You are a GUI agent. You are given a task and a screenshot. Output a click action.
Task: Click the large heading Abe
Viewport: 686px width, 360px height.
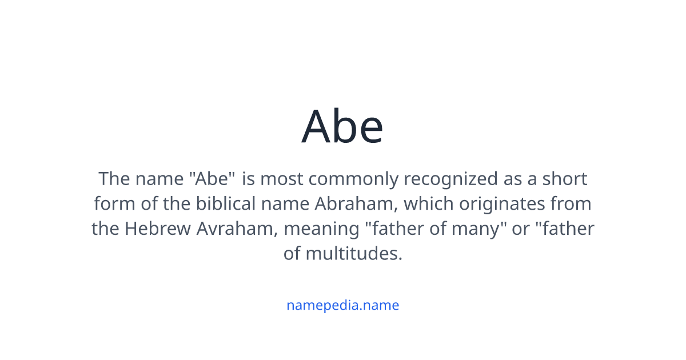point(342,126)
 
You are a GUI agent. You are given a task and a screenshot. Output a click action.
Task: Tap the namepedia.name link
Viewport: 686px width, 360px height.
point(342,305)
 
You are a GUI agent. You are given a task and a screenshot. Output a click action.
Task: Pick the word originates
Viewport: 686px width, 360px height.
point(497,204)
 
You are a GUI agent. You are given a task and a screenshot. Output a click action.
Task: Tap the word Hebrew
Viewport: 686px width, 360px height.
point(158,229)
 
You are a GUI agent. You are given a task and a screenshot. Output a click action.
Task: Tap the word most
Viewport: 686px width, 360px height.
point(282,179)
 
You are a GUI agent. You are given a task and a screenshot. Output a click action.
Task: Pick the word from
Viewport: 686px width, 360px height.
point(571,204)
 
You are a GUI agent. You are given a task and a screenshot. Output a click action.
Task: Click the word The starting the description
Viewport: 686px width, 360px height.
point(114,179)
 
